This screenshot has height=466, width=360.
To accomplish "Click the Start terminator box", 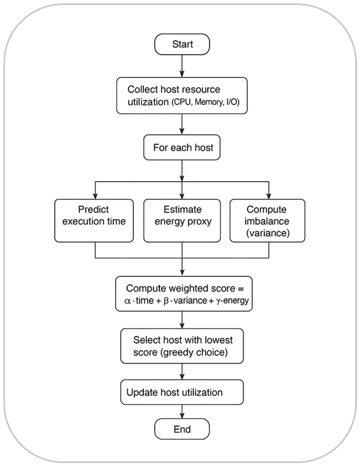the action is (182, 44).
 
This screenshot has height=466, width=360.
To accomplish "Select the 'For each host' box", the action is (182, 147).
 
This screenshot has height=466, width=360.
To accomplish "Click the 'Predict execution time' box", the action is (94, 221).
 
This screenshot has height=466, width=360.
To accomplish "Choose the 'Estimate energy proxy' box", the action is (182, 221).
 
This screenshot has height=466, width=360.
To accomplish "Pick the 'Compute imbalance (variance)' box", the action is (267, 221).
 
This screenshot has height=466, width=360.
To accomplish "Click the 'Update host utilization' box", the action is (182, 392).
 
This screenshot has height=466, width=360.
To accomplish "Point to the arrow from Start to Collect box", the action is (182, 66).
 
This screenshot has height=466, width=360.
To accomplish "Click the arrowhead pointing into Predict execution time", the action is (95, 196).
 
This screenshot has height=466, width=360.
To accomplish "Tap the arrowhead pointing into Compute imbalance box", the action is (269, 196).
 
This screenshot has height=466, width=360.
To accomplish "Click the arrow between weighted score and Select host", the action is (182, 320).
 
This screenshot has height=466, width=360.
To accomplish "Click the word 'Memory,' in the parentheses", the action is (208, 102).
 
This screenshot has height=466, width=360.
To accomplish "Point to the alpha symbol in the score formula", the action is (128, 301).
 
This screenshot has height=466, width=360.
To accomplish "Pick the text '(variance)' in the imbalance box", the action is (268, 233).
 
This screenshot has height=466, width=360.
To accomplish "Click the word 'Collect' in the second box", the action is (141, 90).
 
